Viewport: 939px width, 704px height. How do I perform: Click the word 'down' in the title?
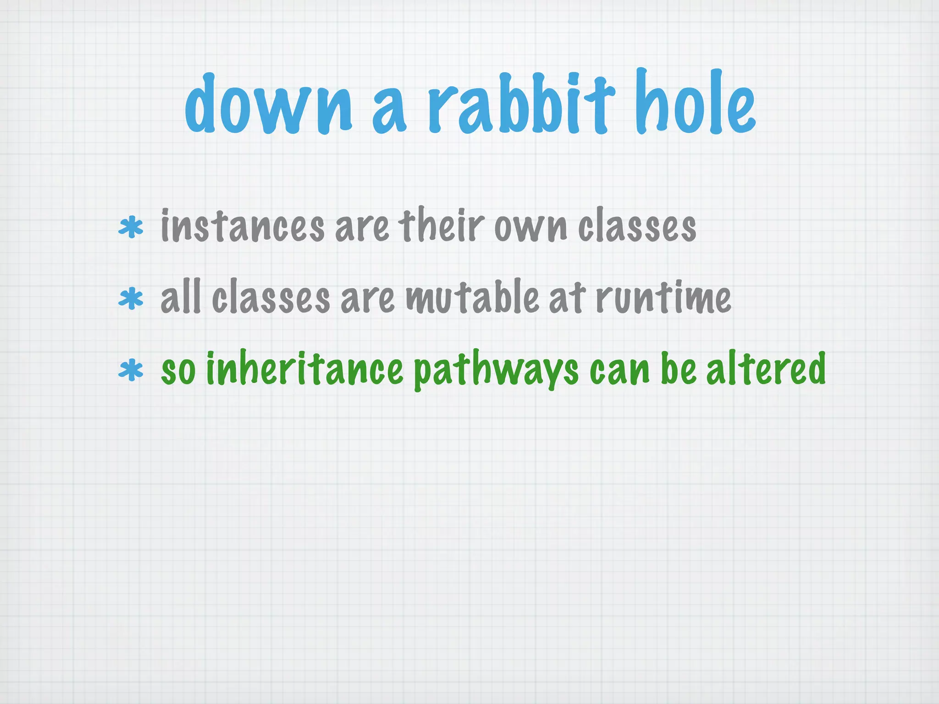(269, 105)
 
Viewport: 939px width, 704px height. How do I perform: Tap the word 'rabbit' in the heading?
(521, 103)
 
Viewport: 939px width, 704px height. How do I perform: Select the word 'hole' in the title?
(695, 103)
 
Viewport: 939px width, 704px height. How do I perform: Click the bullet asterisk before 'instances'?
(131, 228)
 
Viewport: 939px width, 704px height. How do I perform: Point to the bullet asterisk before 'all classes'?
(131, 299)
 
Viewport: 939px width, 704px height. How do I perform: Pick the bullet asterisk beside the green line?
(131, 370)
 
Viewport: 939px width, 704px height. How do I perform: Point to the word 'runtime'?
(663, 298)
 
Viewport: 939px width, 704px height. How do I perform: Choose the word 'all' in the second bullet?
(181, 297)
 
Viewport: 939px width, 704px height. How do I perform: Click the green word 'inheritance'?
(304, 368)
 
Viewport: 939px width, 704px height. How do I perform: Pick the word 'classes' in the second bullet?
(271, 298)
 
